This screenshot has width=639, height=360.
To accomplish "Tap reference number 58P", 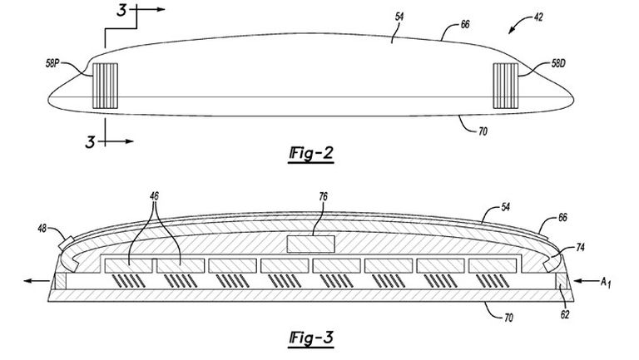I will click(x=62, y=61).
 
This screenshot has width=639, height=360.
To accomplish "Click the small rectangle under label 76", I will click(x=310, y=243).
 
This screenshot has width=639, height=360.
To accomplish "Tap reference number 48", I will click(x=47, y=226).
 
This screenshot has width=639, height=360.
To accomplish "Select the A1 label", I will click(x=610, y=283).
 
